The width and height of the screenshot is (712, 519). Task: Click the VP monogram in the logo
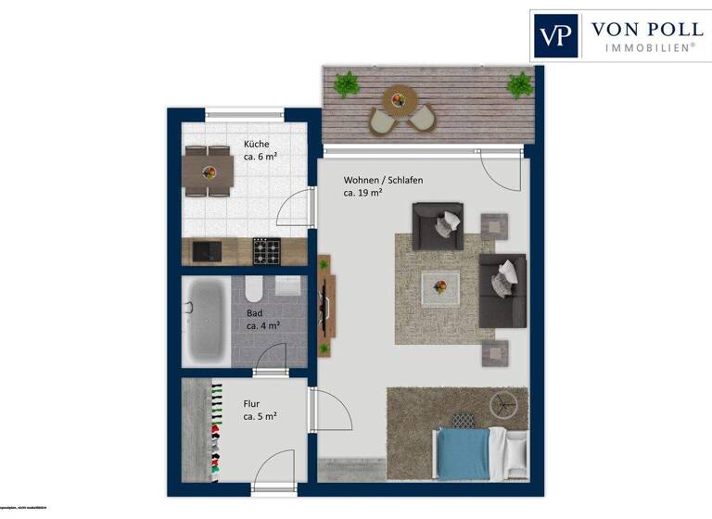pos(556,36)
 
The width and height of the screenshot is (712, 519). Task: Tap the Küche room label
pos(257,144)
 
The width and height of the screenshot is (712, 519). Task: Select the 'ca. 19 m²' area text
pos(363,194)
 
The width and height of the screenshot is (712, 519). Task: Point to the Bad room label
pos(254,313)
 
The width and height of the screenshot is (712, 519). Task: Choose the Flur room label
pos(251,404)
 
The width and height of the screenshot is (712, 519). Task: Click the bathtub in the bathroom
pos(208,322)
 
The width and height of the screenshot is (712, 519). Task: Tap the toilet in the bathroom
pos(254,290)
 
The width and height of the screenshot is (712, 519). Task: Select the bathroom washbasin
pos(288,285)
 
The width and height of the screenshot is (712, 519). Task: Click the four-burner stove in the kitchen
pos(266,250)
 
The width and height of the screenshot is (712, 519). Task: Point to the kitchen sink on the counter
pos(206,250)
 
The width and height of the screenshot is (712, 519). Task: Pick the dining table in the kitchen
pos(208,171)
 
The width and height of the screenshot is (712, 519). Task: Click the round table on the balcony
pos(401,96)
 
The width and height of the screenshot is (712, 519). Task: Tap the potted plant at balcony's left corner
pos(347,83)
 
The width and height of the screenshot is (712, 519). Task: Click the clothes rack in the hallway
pos(214,431)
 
